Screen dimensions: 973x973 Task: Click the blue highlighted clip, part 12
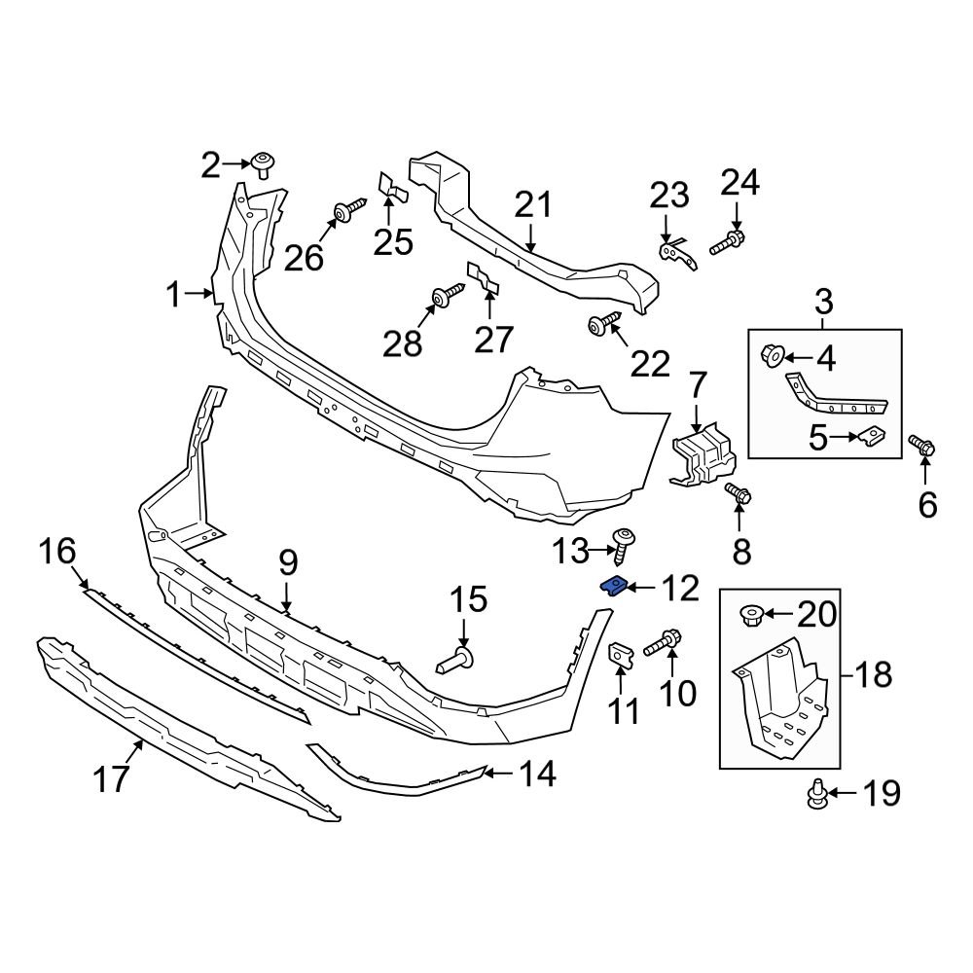tap(613, 586)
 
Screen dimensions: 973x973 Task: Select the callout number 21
tap(533, 205)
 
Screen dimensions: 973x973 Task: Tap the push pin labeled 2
tap(261, 163)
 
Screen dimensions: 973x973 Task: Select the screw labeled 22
tap(604, 324)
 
